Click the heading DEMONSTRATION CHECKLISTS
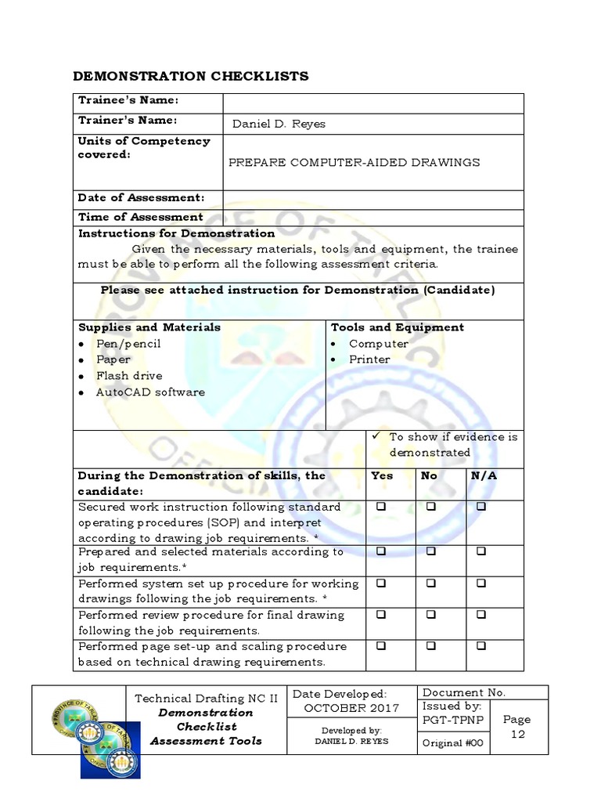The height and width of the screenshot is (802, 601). pos(190,76)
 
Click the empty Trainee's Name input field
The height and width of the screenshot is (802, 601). pos(373,103)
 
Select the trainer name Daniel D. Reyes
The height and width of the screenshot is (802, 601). pos(279,124)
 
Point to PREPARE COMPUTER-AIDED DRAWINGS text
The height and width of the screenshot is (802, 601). pos(354,162)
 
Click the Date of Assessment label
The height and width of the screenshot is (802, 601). pos(141,198)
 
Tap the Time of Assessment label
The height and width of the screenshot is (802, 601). pos(140,217)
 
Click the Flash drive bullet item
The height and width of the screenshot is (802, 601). pos(129,376)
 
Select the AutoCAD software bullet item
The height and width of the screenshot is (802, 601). pos(150,392)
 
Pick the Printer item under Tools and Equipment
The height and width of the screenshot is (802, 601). pos(369,359)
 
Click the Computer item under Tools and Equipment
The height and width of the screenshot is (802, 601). pos(379,344)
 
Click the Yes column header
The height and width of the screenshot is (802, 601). pos(381,475)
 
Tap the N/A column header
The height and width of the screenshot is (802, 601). pos(483,475)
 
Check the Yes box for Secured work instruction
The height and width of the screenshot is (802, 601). pos(381,507)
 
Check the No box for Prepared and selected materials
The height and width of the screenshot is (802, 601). pos(430,551)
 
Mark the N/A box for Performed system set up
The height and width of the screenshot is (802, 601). pos(480,583)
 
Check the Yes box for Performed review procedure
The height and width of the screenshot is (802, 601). pos(381,615)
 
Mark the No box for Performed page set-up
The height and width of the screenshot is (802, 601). pos(430,646)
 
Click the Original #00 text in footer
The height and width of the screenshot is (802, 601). pos(454,742)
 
